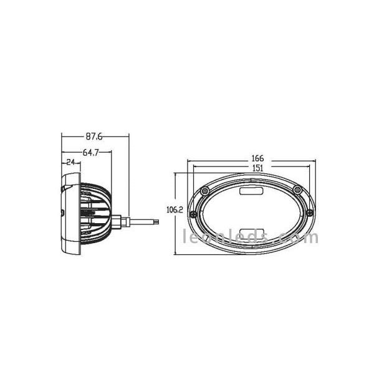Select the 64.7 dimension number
point(91,151)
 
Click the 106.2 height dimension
point(175,209)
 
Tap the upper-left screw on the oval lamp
point(204,190)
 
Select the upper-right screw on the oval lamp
point(298,189)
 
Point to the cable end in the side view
point(158,219)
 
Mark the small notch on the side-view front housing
point(64,214)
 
